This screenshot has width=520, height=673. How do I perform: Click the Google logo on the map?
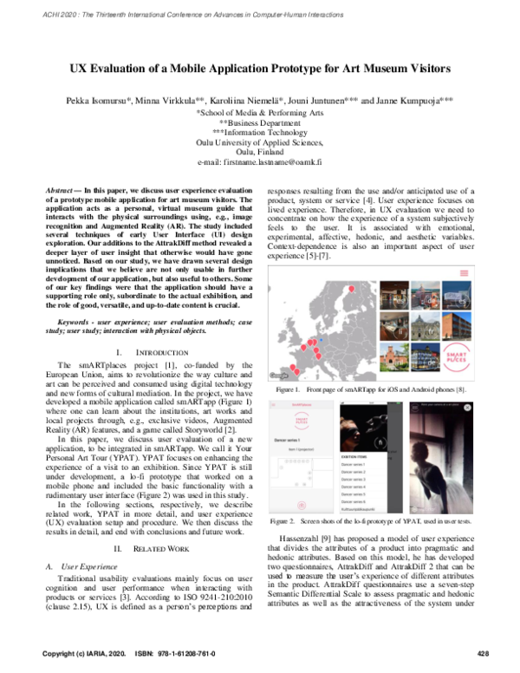(x=279, y=375)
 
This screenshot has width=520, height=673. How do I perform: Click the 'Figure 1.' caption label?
(x=288, y=391)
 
